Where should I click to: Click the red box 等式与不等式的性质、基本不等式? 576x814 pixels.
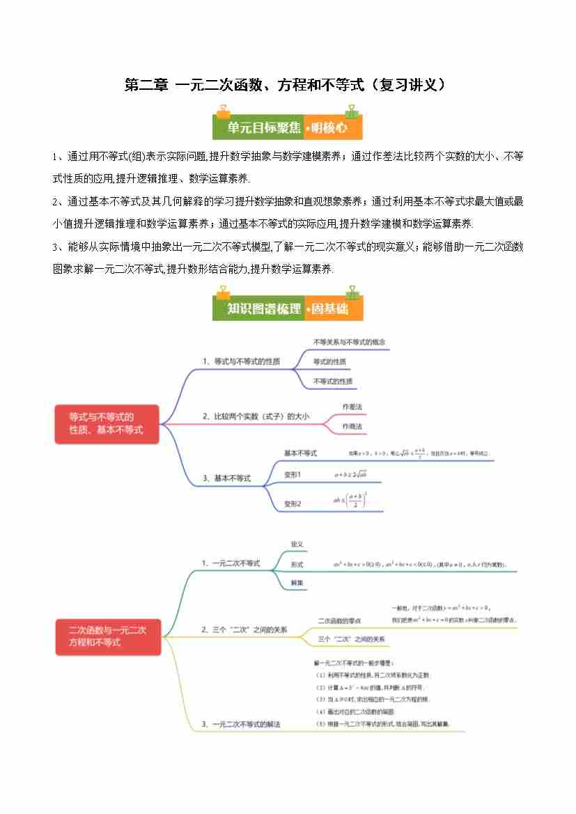click(107, 423)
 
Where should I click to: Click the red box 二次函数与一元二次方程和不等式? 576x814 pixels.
click(108, 636)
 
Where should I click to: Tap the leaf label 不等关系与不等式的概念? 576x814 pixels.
click(349, 342)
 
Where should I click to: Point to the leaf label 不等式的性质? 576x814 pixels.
click(332, 381)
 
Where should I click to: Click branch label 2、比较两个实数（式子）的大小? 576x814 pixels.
click(256, 416)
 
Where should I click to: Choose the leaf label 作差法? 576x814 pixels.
click(352, 405)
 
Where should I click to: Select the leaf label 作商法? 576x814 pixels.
click(352, 425)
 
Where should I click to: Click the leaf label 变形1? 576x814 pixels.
click(293, 474)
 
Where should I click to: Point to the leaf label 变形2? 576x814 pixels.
click(293, 503)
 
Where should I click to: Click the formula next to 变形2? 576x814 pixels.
click(350, 500)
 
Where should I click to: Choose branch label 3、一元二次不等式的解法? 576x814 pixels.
click(241, 724)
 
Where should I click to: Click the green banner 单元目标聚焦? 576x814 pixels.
click(258, 128)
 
